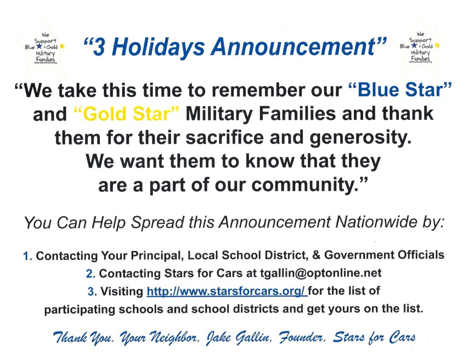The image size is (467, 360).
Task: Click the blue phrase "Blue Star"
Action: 400,90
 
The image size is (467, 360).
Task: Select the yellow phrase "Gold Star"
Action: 127,113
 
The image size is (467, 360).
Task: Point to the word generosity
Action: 360,138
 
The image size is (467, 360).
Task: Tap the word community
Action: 308,185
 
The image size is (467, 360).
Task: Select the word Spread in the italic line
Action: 158,223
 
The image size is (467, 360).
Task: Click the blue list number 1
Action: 27,256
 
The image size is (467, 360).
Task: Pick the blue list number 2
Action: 90,274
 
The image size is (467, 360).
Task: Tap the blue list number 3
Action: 92,292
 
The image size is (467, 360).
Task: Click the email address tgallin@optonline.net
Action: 321,273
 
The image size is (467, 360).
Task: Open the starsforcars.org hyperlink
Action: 227,291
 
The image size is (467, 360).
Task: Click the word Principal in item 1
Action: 156,256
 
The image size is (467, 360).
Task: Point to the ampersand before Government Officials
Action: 316,255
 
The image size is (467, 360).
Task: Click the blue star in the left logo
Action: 39,46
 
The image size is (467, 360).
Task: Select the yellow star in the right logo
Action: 437,45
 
